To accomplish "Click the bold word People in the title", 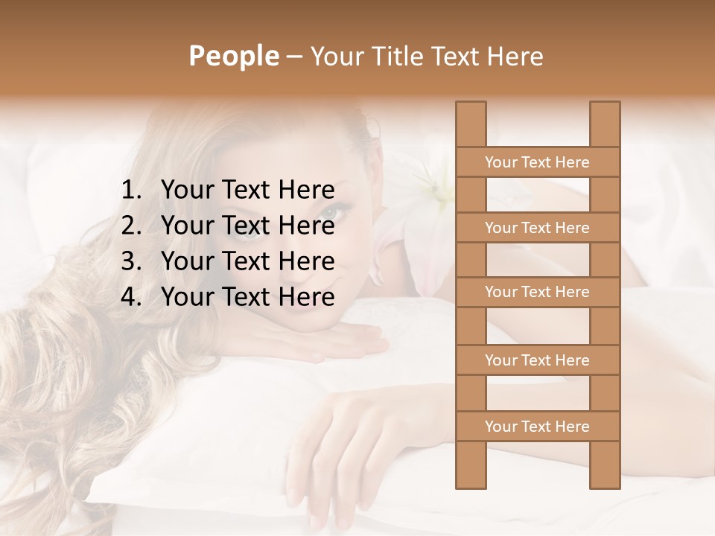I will pyautogui.click(x=233, y=56).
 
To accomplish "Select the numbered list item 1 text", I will pyautogui.click(x=247, y=191).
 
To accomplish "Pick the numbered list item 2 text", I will pyautogui.click(x=247, y=226).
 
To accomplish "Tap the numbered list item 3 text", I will pyautogui.click(x=247, y=261).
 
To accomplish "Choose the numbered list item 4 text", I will pyautogui.click(x=247, y=297).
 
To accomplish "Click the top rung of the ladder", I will pyautogui.click(x=537, y=162).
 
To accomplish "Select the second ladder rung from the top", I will pyautogui.click(x=537, y=228).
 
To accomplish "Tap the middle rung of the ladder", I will pyautogui.click(x=537, y=293).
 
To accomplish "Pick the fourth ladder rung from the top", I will pyautogui.click(x=537, y=360).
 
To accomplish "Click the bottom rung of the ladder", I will pyautogui.click(x=537, y=427).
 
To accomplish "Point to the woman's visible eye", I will pyautogui.click(x=329, y=213).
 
